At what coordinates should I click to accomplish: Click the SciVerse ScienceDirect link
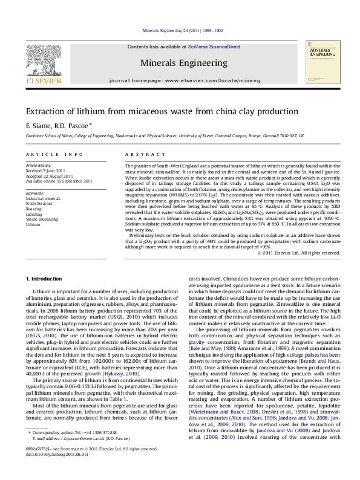pyautogui.click(x=214, y=47)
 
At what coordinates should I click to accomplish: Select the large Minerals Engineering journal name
pyautogui.click(x=180, y=62)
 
